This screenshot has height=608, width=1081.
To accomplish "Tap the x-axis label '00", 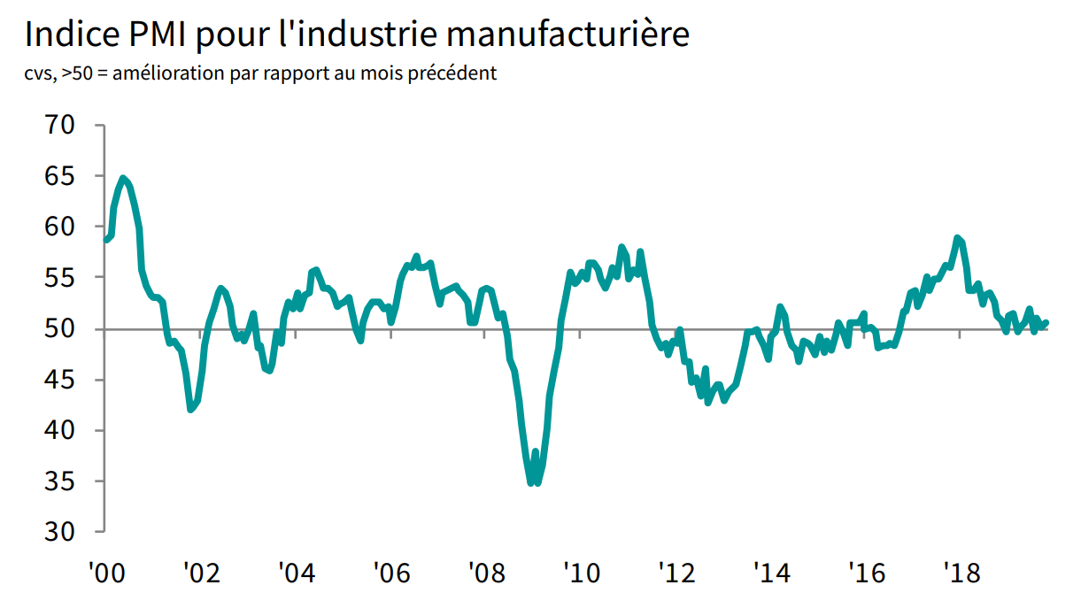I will point(105,573).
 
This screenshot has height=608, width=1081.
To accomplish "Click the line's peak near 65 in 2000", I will point(123,179).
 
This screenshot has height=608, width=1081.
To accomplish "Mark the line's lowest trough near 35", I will point(531,483).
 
